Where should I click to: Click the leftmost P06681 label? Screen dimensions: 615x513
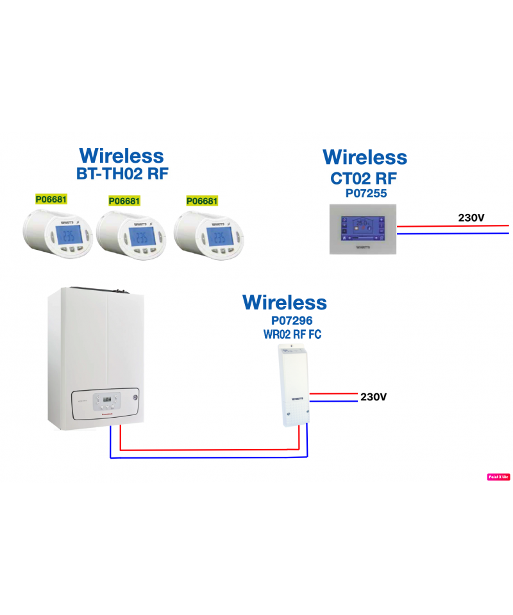(x=51, y=199)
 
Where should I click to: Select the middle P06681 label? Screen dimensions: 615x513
(x=124, y=201)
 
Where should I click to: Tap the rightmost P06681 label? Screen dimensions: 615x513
(x=202, y=201)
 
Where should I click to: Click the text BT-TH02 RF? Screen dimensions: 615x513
(x=122, y=173)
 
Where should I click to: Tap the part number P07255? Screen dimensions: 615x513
(x=365, y=192)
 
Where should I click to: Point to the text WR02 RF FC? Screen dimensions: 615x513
(x=292, y=334)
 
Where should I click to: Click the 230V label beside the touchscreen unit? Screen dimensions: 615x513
(x=471, y=218)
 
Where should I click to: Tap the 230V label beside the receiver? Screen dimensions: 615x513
(x=374, y=397)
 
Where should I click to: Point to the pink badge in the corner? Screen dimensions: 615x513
(x=498, y=477)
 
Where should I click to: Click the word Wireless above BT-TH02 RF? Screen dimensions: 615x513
(x=121, y=156)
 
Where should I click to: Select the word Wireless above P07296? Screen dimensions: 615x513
(x=284, y=302)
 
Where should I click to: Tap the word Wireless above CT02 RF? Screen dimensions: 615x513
(x=365, y=158)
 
